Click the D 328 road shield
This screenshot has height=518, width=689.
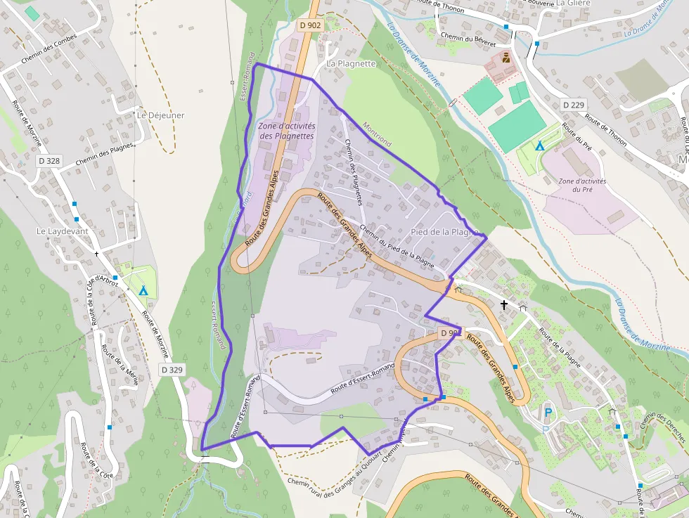pos(49,161)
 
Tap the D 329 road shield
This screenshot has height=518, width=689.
pos(172,369)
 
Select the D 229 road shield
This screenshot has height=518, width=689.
pos(574,105)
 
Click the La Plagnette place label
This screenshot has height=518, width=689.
pos(352,63)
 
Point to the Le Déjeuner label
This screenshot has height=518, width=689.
pos(161,115)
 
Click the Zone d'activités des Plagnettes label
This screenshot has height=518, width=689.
pos(287,131)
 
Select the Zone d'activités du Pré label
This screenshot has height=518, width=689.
pos(582,185)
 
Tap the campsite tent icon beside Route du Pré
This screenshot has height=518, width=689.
pos(540,146)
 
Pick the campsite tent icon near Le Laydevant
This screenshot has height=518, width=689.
pos(143,290)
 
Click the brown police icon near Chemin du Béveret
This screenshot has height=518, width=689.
pos(506,58)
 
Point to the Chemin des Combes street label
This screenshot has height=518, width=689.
pos(49,49)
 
